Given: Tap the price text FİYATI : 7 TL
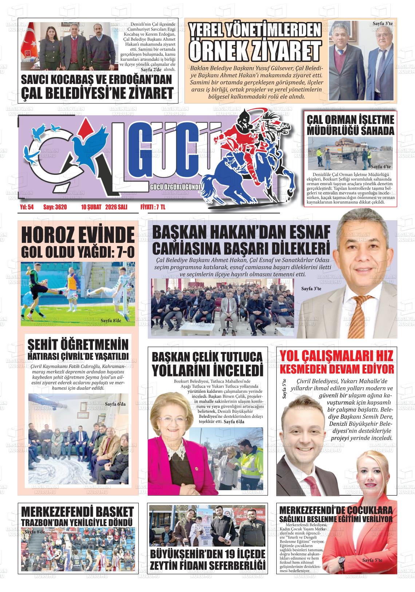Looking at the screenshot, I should click(153, 207).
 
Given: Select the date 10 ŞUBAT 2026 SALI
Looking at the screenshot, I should click(104, 207).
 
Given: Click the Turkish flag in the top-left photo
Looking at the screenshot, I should click(28, 55).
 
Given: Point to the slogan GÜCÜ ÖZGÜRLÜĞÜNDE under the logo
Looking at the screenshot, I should click(175, 187).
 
